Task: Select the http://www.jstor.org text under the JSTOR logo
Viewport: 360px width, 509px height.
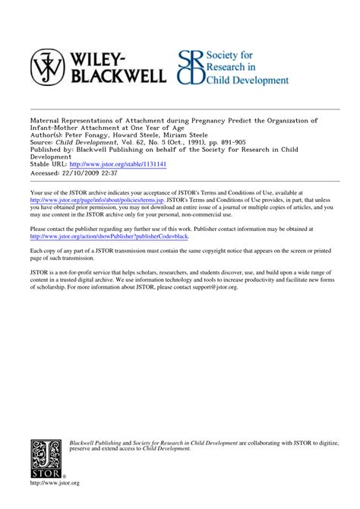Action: (x=55, y=484)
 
